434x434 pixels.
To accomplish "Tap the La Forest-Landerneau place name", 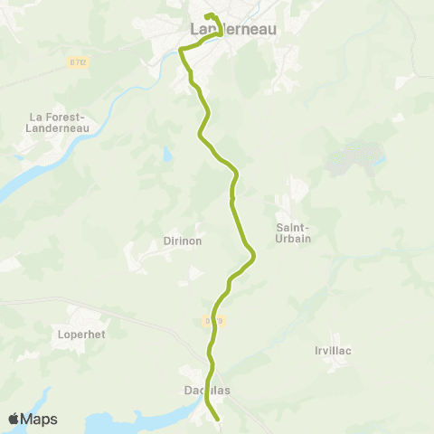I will [x=57, y=121].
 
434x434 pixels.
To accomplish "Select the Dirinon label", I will [x=183, y=241].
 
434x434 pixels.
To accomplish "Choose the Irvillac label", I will [x=333, y=350].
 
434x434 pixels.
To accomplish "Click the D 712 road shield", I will [x=78, y=61].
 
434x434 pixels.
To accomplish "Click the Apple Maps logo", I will [x=33, y=419].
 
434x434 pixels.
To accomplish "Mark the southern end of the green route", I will [x=218, y=419].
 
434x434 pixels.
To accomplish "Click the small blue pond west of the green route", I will [x=168, y=154].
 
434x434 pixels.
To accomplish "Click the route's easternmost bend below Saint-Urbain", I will [x=254, y=257].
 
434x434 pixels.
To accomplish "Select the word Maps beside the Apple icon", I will [x=40, y=419].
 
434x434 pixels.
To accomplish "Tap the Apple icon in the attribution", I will [x=14, y=419].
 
